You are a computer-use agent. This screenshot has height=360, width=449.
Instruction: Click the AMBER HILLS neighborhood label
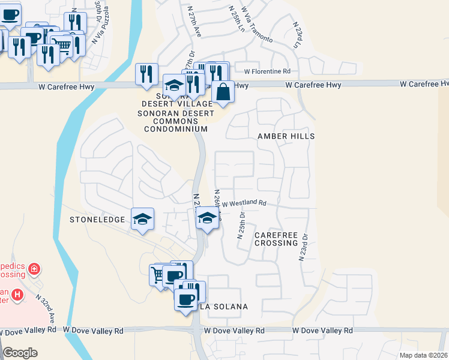pos(286,136)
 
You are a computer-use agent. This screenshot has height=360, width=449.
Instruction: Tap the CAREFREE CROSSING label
pos(276,239)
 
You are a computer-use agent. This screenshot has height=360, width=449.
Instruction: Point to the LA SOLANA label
pos(223,307)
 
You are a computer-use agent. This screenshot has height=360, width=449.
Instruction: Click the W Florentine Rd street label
pos(263,71)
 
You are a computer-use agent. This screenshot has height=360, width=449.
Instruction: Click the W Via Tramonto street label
pos(256,25)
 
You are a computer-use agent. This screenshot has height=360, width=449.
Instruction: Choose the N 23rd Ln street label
pos(297,35)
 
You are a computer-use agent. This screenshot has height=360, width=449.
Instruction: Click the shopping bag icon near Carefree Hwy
pos(223,92)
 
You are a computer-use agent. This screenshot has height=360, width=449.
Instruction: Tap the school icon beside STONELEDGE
pos(142,219)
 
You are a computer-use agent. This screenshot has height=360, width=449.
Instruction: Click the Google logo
pos(20,352)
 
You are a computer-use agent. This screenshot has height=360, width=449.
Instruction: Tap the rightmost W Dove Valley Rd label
pos(322,331)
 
